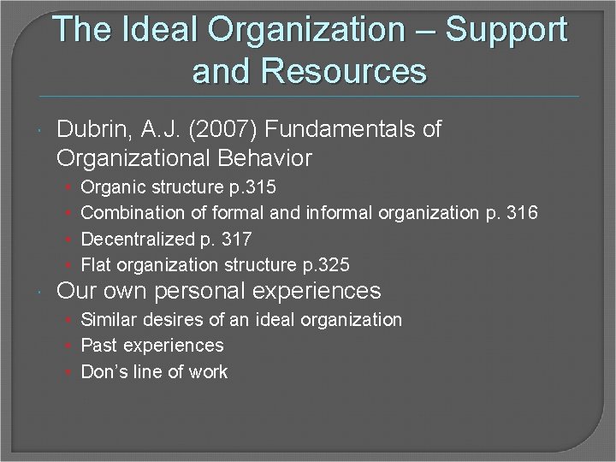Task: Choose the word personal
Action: click(217, 291)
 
